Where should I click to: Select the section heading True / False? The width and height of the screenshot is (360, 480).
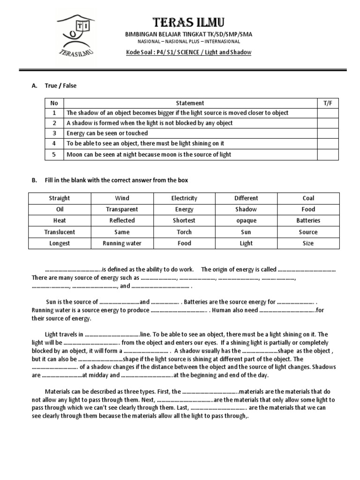(x=60, y=86)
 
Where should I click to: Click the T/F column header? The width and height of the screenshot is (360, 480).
(x=327, y=103)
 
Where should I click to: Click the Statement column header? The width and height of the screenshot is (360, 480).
(x=190, y=103)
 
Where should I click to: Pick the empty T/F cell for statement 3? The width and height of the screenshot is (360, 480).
(x=327, y=134)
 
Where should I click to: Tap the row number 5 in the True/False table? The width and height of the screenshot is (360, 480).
(x=54, y=155)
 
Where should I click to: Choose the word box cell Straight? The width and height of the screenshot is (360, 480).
(x=60, y=198)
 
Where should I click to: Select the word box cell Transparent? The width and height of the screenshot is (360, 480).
(x=122, y=210)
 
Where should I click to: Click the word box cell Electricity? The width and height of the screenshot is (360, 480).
(x=184, y=198)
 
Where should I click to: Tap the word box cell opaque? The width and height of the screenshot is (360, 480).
(x=246, y=221)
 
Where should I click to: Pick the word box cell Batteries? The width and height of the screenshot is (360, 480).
(x=308, y=221)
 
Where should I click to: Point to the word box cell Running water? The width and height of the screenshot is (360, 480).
(x=122, y=243)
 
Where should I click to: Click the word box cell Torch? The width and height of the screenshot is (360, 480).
(x=184, y=232)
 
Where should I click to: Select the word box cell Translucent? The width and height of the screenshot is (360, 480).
(x=60, y=232)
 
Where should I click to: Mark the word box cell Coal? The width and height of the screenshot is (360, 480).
(x=308, y=198)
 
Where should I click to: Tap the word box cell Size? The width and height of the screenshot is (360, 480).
(x=308, y=243)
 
